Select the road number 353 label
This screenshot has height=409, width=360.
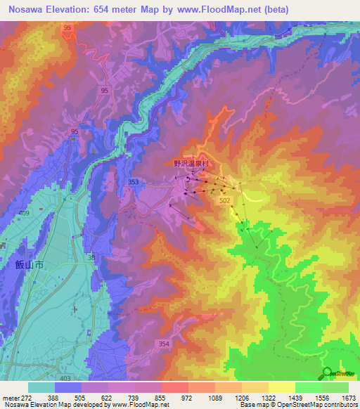pyautogui.click(x=134, y=182)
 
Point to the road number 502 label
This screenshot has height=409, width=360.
pyautogui.click(x=224, y=201)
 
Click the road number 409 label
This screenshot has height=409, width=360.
pyautogui.click(x=25, y=213)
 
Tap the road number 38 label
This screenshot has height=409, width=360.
pyautogui.click(x=91, y=257)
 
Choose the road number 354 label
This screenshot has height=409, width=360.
pyautogui.click(x=164, y=343)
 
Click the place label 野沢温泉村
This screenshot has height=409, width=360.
pyautogui.click(x=198, y=164)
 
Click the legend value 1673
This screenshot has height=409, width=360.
pyautogui.click(x=348, y=398)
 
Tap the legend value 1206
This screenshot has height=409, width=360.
pyautogui.click(x=241, y=398)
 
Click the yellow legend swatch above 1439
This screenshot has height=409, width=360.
pyautogui.click(x=281, y=387)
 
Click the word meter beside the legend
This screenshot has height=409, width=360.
pyautogui.click(x=10, y=398)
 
